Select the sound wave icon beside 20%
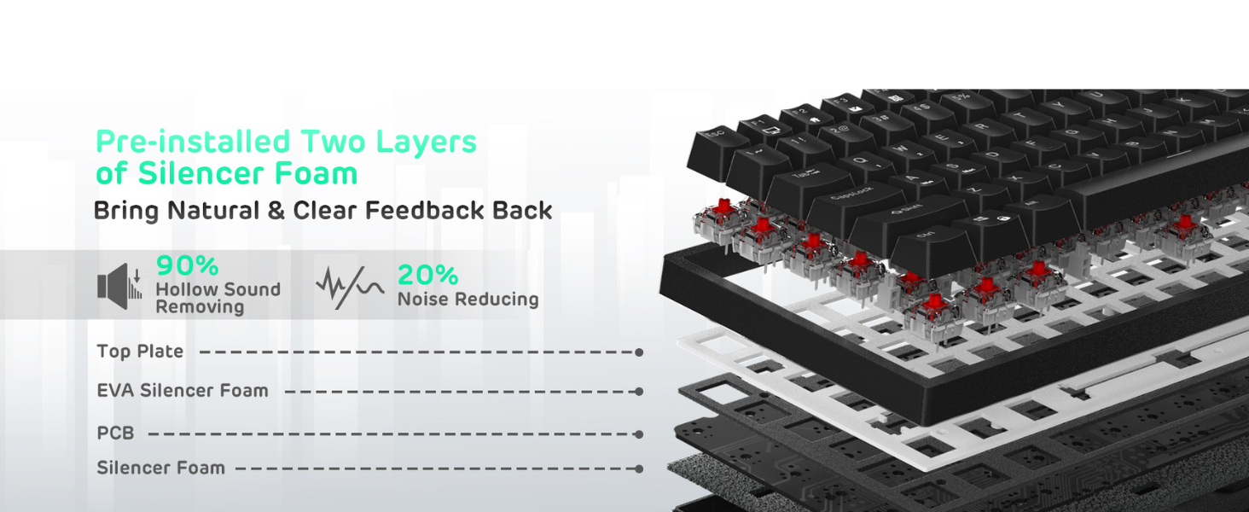pos(350,287)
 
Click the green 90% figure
pos(188,266)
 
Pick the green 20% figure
pos(427,275)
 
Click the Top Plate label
pos(140,352)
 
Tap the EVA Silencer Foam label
pos(183,391)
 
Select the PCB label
pos(115,433)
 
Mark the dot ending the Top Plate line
pos(639,352)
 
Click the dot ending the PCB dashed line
pos(639,434)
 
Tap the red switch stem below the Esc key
pos(725,207)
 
